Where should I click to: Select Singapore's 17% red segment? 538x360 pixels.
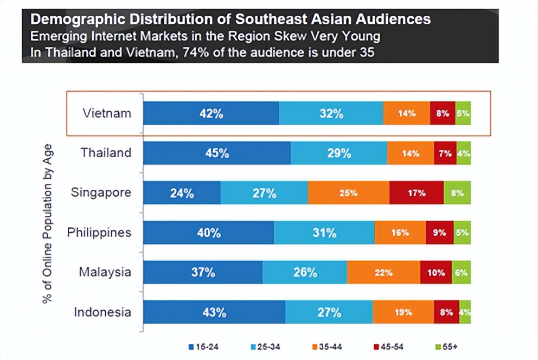pos(417,192)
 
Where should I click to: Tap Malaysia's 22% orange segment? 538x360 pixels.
pos(383,272)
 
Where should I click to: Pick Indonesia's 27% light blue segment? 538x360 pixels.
pos(329,312)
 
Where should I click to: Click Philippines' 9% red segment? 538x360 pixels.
pos(439,233)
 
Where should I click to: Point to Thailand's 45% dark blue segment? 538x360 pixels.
pos(217,153)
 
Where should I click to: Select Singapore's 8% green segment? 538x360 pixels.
pos(457,192)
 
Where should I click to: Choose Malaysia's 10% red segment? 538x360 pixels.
pos(435,272)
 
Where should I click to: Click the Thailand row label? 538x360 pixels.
pos(106,153)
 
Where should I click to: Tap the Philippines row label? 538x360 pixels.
pos(99,233)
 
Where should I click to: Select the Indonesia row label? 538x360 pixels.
pos(103,312)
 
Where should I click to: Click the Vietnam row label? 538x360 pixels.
pos(107,113)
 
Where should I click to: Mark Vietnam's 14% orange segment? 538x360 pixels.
pos(406,113)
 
